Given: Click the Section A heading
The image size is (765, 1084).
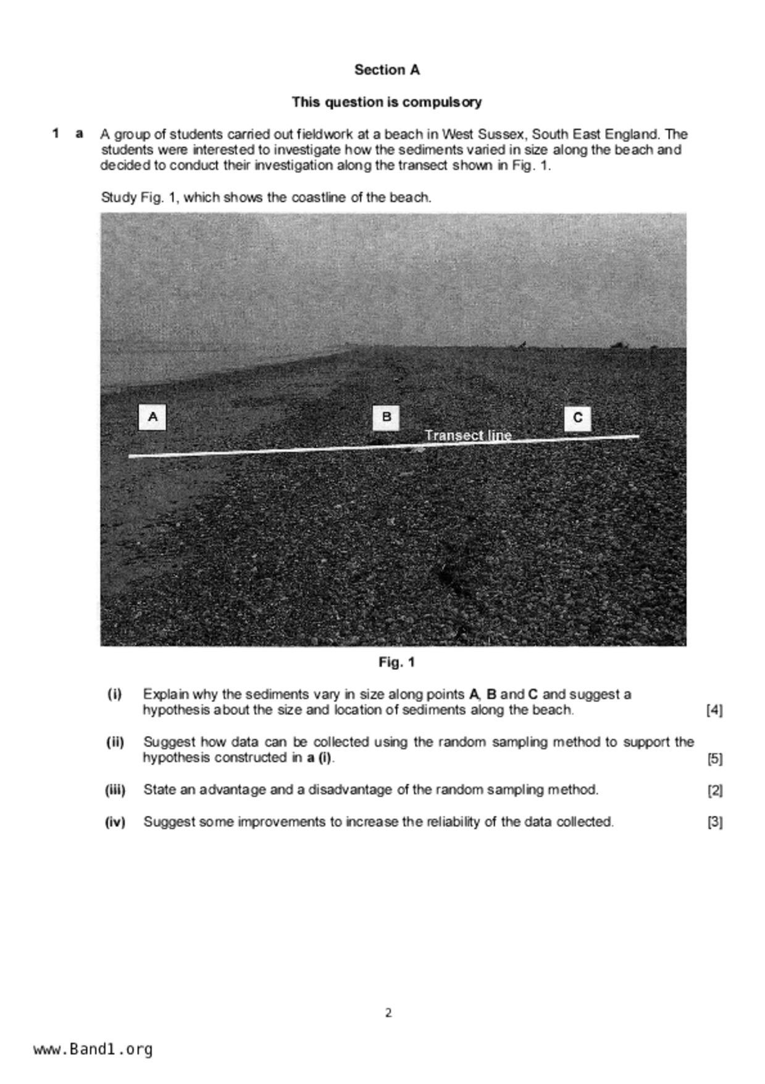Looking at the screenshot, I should coord(387,70).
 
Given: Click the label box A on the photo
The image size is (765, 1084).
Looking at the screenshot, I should coord(152,417).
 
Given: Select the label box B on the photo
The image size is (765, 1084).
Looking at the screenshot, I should coord(387,417).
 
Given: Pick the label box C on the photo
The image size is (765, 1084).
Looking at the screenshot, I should coord(577,418).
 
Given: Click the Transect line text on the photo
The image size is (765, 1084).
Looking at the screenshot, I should coord(468,435).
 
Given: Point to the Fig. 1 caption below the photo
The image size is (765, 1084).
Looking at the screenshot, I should coord(396,663).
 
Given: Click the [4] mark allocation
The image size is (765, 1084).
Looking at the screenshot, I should coord(714,710).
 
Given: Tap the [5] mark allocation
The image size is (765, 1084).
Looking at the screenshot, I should coord(714,758).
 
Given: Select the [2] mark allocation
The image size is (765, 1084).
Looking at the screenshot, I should coord(714,790).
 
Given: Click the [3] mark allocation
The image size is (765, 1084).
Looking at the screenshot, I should coord(714,823).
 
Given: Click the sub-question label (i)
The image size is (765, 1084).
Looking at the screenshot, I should coord(115,694).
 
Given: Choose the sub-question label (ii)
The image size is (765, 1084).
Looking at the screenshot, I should coord(115,742).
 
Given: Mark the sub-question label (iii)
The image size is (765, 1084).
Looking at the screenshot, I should coord(115,790).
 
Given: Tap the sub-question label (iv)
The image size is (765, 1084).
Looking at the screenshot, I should coord(115,822).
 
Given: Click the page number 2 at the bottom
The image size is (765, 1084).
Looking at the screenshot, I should coord(388,1013).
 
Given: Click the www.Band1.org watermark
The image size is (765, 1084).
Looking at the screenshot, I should coord(93,1049).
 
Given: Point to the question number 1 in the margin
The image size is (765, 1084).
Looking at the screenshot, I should coord(56,133).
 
